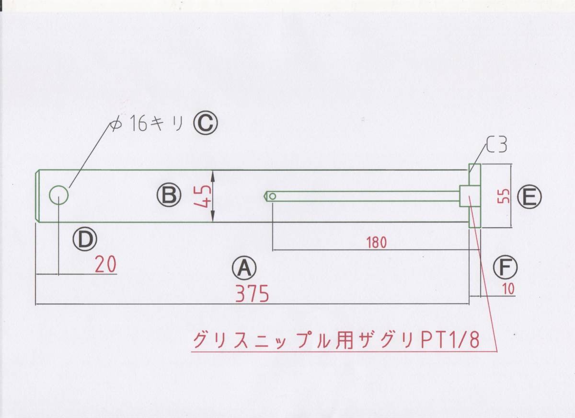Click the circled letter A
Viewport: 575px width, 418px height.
244,268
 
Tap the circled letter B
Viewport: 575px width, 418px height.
169,195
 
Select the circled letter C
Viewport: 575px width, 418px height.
206,125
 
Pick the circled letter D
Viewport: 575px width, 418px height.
85,239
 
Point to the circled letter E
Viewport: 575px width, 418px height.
529,197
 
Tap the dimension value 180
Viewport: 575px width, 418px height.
376,243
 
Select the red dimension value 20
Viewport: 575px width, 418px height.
105,265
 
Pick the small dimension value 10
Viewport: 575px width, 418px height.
508,289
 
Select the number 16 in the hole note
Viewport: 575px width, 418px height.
139,125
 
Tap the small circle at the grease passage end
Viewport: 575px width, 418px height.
272,196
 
